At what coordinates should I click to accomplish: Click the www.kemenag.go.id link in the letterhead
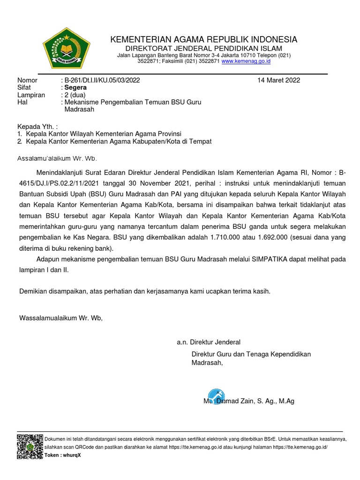[246, 61]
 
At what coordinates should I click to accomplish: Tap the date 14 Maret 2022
[278, 80]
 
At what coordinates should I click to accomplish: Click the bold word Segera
[75, 88]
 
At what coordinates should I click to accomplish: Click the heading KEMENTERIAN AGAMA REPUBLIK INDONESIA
[203, 39]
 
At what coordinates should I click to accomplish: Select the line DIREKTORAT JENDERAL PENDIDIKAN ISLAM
[203, 49]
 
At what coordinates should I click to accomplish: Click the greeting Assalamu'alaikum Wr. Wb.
[57, 158]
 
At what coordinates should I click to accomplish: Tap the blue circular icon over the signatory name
[216, 397]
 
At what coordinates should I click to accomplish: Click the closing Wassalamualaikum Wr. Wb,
[60, 318]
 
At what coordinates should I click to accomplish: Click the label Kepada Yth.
[37, 127]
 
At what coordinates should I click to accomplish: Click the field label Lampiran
[31, 95]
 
